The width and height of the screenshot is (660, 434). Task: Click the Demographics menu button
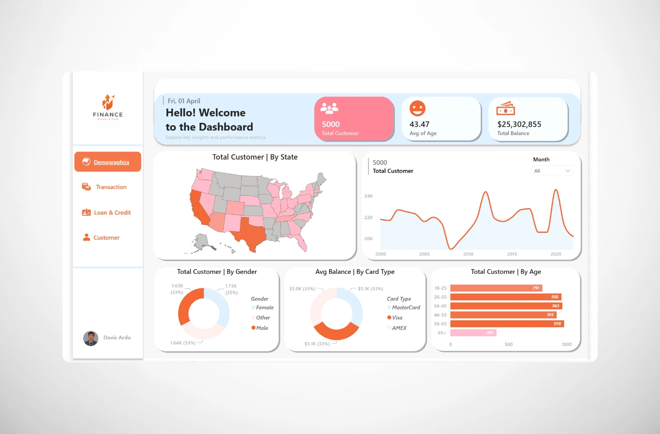click(x=108, y=162)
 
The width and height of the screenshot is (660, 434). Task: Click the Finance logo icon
click(x=108, y=102)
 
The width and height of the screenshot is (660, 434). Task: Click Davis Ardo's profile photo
click(x=91, y=338)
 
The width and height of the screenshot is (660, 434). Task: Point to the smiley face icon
click(x=417, y=108)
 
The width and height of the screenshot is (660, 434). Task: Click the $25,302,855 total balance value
click(x=519, y=124)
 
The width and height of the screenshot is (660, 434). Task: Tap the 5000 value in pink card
click(x=330, y=124)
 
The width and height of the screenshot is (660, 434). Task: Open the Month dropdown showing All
click(x=552, y=171)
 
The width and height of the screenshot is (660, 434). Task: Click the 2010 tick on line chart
click(x=468, y=254)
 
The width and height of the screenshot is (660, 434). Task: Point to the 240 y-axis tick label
click(x=368, y=196)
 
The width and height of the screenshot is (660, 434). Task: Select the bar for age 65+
click(x=473, y=333)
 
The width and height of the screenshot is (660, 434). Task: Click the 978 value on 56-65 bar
click(x=557, y=324)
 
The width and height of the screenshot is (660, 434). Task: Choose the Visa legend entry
click(x=397, y=318)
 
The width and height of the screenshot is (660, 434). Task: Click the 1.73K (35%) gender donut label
click(x=231, y=289)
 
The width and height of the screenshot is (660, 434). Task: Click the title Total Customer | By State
click(x=255, y=157)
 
